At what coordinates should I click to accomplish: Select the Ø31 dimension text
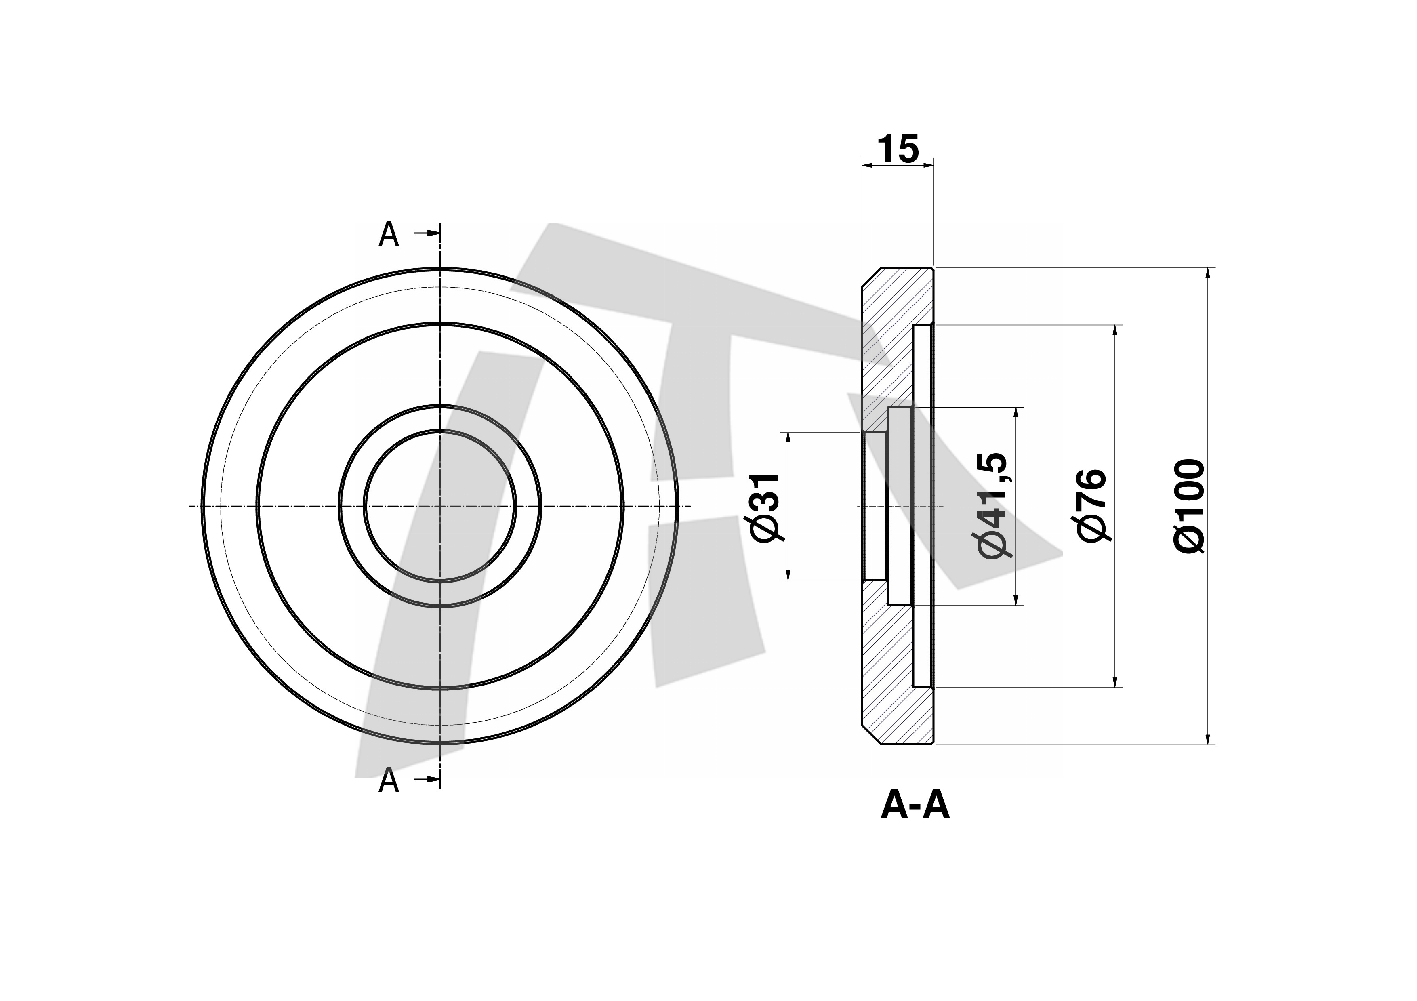(x=767, y=508)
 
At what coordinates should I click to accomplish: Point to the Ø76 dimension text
(x=1092, y=505)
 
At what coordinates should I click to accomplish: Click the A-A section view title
(x=915, y=805)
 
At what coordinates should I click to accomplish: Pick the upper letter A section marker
(x=388, y=235)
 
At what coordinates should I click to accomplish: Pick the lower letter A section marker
(x=388, y=781)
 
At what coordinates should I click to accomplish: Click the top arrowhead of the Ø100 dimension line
(x=1208, y=273)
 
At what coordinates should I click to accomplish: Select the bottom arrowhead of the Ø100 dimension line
(x=1208, y=739)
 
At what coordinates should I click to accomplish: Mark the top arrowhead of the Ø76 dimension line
(x=1115, y=330)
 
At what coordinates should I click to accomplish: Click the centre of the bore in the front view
(x=440, y=506)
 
